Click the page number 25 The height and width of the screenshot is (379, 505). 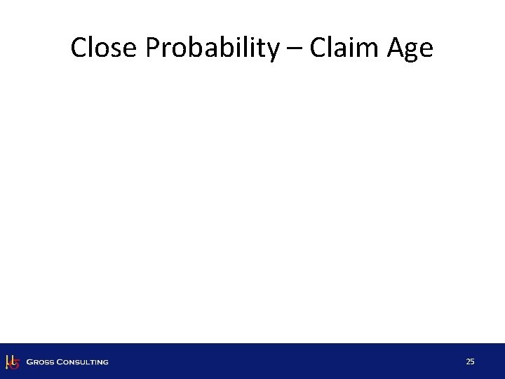(x=470, y=361)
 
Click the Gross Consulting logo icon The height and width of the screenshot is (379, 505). (x=12, y=361)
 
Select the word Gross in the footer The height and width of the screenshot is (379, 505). (x=41, y=362)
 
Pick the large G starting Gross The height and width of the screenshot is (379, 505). (x=29, y=362)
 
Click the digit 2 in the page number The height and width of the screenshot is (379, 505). (x=468, y=361)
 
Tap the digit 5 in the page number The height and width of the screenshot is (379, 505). (x=473, y=361)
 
